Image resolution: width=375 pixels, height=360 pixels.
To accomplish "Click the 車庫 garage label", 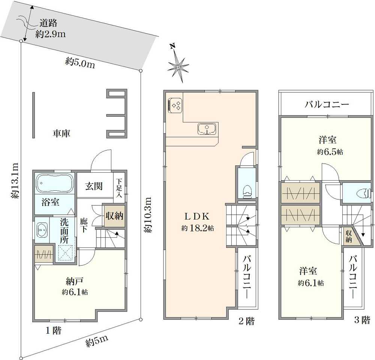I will click(62, 133).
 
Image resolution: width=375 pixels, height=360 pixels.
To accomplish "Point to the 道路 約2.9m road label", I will click(51, 29).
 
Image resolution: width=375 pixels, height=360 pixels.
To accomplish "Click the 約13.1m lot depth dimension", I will click(14, 180).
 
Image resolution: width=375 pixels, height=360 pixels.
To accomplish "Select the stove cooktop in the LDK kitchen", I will click(175, 105).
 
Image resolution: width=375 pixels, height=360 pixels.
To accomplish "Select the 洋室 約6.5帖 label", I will click(327, 146).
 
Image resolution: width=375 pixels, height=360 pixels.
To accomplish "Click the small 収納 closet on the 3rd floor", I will click(348, 236).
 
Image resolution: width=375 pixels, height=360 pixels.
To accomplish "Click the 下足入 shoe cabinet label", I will click(119, 187).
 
